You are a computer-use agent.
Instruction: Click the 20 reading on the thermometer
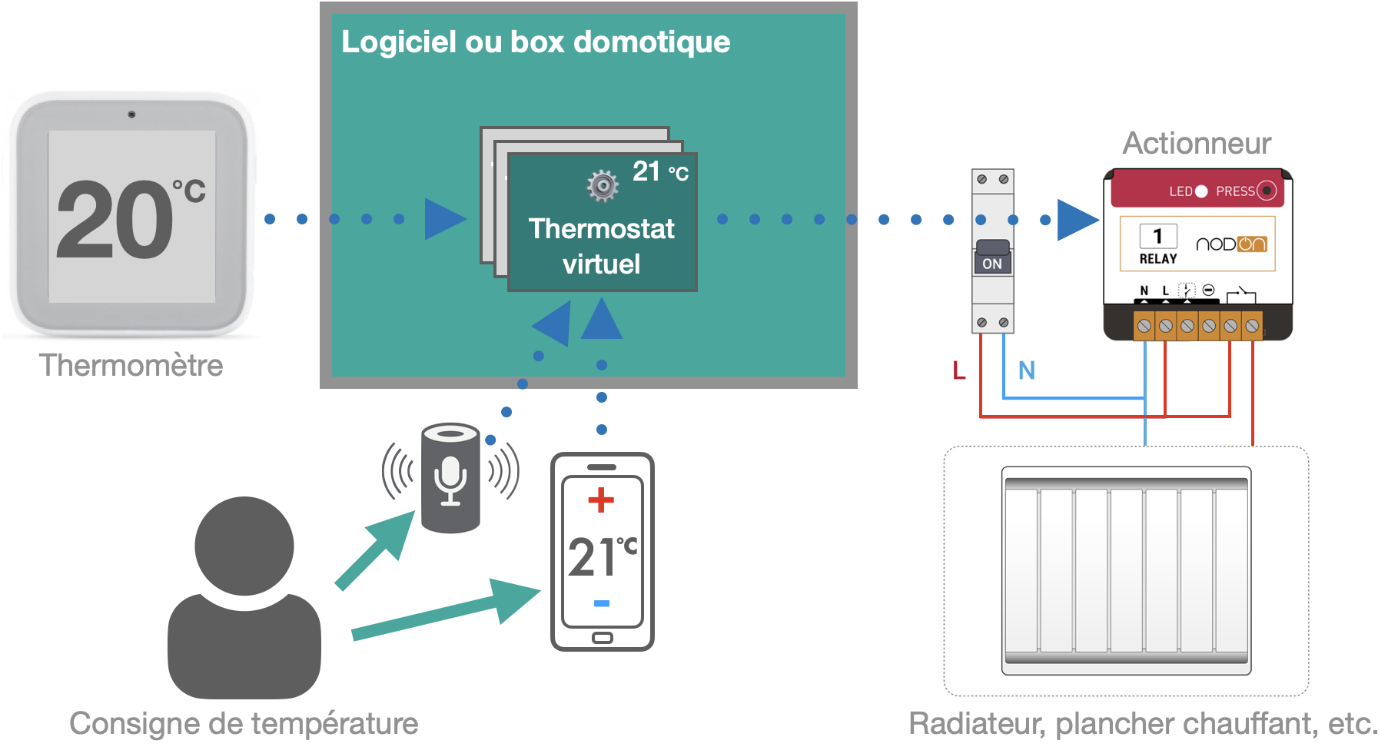click(x=115, y=219)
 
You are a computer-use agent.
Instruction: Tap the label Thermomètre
click(x=131, y=366)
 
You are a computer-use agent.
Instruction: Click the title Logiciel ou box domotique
click(x=536, y=41)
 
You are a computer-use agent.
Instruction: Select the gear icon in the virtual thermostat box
click(x=603, y=185)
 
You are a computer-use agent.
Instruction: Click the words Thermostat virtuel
click(x=601, y=246)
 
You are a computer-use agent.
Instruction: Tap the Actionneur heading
click(x=1197, y=144)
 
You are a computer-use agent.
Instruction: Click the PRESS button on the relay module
click(x=1267, y=191)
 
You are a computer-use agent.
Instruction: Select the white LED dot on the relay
click(x=1201, y=191)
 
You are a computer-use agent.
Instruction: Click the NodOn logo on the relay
click(x=1231, y=244)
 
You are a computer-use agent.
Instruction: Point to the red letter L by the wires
click(x=958, y=370)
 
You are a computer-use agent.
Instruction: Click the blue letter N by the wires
click(x=1027, y=370)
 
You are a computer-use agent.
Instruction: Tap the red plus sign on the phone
click(x=601, y=500)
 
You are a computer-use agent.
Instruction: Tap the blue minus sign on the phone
click(x=602, y=603)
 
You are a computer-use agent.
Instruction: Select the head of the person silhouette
click(x=244, y=546)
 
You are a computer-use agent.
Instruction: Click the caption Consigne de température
click(x=244, y=723)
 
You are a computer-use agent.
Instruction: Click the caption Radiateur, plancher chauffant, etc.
click(x=1143, y=723)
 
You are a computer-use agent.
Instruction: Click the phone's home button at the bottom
click(x=603, y=638)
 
